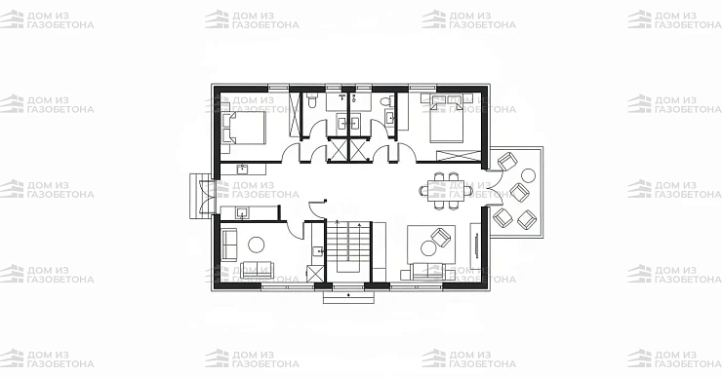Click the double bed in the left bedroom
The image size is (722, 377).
pyautogui.click(x=244, y=128)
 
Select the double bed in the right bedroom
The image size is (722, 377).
pyautogui.click(x=447, y=122)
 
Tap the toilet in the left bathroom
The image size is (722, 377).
pyautogui.click(x=311, y=100)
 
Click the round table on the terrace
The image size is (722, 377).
pyautogui.click(x=528, y=175)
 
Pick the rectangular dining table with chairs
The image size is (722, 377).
pyautogui.click(x=446, y=190)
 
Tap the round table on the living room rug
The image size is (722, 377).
pyautogui.click(x=428, y=248)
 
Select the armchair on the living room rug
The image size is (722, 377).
pyautogui.click(x=441, y=238)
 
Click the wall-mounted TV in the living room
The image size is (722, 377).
pyautogui.click(x=476, y=245)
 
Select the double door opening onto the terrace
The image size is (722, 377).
pyautogui.click(x=495, y=189)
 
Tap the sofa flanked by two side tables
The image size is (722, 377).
pyautogui.click(x=427, y=271)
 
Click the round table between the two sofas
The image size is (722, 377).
pyautogui.click(x=256, y=245)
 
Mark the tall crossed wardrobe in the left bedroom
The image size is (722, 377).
pyautogui.click(x=295, y=114)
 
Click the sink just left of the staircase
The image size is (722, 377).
pyautogui.click(x=318, y=251)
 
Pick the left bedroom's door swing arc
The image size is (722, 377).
pyautogui.click(x=289, y=151)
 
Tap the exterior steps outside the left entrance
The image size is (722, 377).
pyautogui.click(x=195, y=197)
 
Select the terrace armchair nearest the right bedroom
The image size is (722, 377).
pyautogui.click(x=508, y=162)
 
